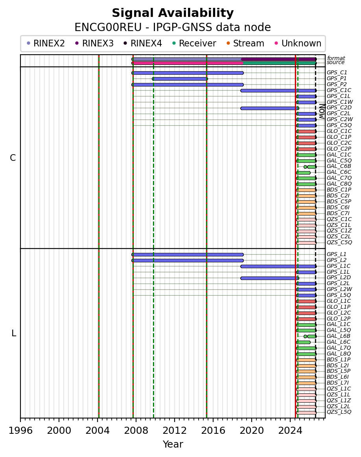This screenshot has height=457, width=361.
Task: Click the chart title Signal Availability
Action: pyautogui.click(x=173, y=13)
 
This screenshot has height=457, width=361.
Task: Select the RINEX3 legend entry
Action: pyautogui.click(x=94, y=43)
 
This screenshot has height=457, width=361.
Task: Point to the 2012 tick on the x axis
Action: pyautogui.click(x=175, y=419)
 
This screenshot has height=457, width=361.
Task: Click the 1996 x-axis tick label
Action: pyautogui.click(x=20, y=430)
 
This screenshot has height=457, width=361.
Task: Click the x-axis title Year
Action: pyautogui.click(x=173, y=444)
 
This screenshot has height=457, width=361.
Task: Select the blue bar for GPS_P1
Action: pyautogui.click(x=180, y=79)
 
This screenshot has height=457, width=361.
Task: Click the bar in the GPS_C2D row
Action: pyautogui.click(x=270, y=108)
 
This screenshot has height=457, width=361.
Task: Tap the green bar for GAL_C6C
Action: pyautogui.click(x=303, y=173)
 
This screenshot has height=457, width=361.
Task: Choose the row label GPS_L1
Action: pyautogui.click(x=337, y=254)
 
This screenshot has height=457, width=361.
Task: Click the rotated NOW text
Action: pyautogui.click(x=322, y=111)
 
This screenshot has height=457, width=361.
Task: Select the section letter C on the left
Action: pyautogui.click(x=13, y=158)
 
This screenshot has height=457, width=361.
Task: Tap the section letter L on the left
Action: pyautogui.click(x=14, y=333)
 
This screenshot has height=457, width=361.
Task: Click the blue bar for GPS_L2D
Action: pyautogui.click(x=270, y=278)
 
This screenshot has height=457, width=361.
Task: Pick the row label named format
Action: pyautogui.click(x=336, y=58)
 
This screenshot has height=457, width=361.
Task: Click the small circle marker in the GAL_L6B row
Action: pyautogui.click(x=305, y=336)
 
